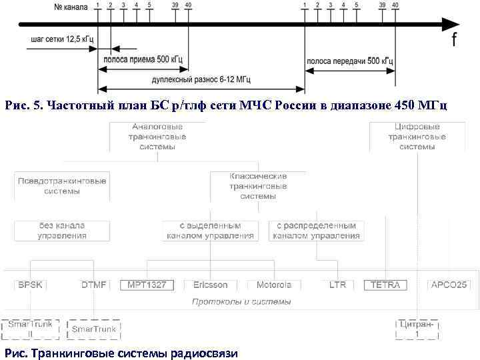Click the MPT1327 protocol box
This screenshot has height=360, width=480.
coord(147,285)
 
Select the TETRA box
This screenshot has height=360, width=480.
coord(385,285)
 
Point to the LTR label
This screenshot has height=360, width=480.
coord(337,285)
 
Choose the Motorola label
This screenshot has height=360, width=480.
coord(273,285)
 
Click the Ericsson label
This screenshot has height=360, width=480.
coord(210,285)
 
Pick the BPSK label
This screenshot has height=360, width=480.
coord(30,285)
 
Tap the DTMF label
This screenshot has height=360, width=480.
coord(93,285)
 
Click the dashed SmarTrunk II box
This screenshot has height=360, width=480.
coord(29,329)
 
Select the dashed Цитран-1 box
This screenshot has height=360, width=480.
coord(417,329)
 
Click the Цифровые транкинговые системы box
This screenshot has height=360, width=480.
coord(417,137)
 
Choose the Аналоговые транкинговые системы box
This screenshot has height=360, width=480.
coord(157,137)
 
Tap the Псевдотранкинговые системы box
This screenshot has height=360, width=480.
coord(62,185)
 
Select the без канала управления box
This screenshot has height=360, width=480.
coord(62,231)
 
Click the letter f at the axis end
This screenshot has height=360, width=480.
coord(455,40)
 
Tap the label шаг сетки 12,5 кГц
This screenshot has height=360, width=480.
coord(62,39)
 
